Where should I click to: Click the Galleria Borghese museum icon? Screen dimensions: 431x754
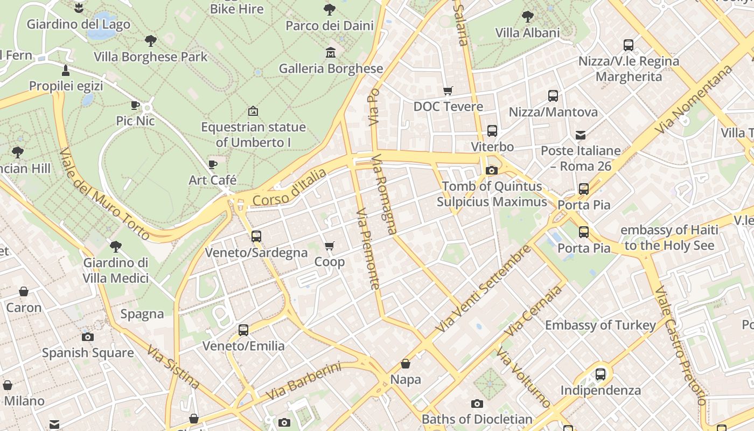tap(330, 53)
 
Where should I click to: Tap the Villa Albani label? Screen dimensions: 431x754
tap(527, 32)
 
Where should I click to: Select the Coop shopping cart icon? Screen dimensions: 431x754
tap(330, 246)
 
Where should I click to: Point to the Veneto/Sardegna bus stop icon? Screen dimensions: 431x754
tap(256, 236)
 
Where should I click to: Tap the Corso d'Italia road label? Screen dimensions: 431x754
tap(289, 187)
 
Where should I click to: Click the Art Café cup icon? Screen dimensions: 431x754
tap(213, 164)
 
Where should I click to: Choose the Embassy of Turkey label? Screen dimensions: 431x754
tap(601, 325)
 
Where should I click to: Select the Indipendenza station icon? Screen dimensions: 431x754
tap(601, 374)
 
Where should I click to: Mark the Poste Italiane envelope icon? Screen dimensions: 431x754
tap(581, 135)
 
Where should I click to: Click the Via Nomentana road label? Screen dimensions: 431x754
tap(694, 100)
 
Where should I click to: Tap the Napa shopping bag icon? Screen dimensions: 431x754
tap(406, 364)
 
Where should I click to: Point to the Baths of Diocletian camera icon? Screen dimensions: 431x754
tap(477, 404)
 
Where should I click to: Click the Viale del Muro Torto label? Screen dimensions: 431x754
tap(104, 194)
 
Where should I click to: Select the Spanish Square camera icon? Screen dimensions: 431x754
tap(88, 337)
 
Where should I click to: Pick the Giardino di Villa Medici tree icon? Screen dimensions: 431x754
tap(115, 247)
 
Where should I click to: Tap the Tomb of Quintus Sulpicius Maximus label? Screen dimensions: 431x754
tap(492, 194)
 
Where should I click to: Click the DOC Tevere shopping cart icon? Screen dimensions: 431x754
tap(448, 91)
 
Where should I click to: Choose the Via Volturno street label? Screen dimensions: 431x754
tap(523, 377)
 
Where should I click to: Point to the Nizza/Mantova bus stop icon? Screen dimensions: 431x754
tap(553, 96)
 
